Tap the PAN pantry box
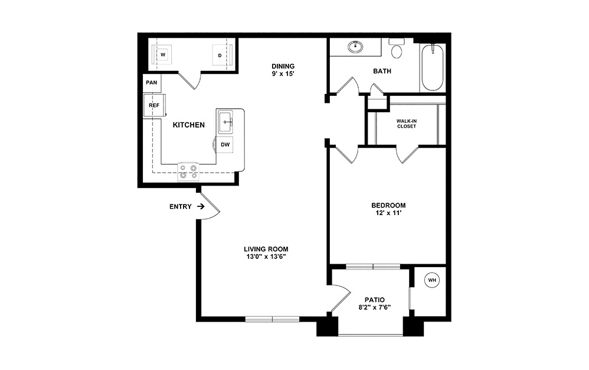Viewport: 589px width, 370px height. click(x=152, y=83)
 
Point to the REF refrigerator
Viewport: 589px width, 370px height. click(x=154, y=106)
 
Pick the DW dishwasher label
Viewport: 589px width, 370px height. click(x=225, y=144)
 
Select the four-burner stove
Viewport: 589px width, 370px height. click(x=189, y=172)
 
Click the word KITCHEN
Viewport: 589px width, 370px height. click(x=188, y=125)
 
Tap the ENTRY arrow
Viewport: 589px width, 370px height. click(x=201, y=207)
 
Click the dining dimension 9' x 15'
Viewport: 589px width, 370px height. click(x=283, y=74)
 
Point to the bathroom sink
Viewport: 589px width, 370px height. click(x=356, y=46)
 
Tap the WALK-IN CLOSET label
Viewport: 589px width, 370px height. click(x=406, y=123)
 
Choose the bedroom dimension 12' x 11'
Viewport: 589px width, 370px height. click(x=388, y=214)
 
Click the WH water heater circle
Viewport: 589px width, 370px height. click(x=431, y=280)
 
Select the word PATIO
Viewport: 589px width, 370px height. click(x=374, y=298)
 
